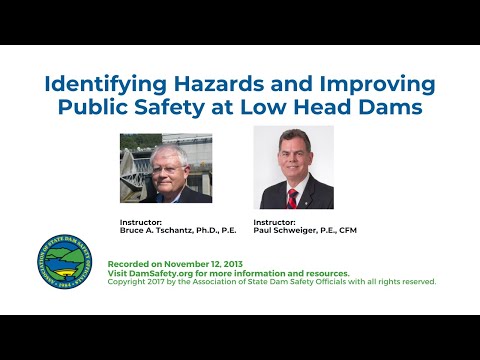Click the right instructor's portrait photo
click(293, 167)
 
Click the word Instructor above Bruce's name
click(139, 222)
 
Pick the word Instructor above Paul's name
click(274, 222)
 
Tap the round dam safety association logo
click(70, 263)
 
